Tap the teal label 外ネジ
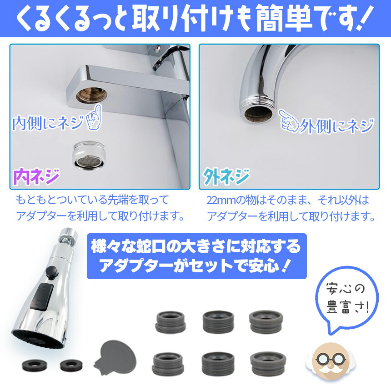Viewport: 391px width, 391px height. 226,175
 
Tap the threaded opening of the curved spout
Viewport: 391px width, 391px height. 258,111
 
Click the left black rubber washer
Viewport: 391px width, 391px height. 31,365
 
